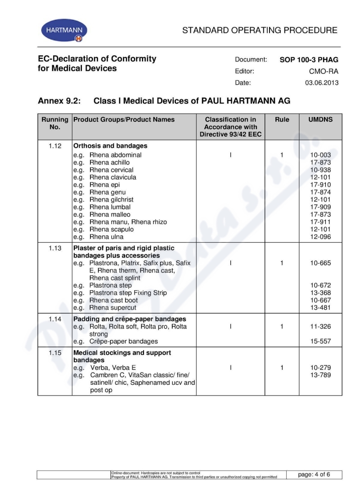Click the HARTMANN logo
point(64,31)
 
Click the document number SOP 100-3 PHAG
point(309,59)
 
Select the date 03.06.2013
point(322,83)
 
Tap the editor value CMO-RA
point(324,71)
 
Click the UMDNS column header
point(320,120)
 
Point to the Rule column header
point(282,120)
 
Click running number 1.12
point(55,146)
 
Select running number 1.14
point(55,319)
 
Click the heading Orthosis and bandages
point(110,146)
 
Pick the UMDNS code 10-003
point(320,155)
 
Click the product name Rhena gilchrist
point(111,199)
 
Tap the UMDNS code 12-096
point(320,237)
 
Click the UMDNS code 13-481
point(320,308)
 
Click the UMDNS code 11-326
point(320,327)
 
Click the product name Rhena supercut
point(112,308)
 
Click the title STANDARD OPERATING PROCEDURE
point(260,31)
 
